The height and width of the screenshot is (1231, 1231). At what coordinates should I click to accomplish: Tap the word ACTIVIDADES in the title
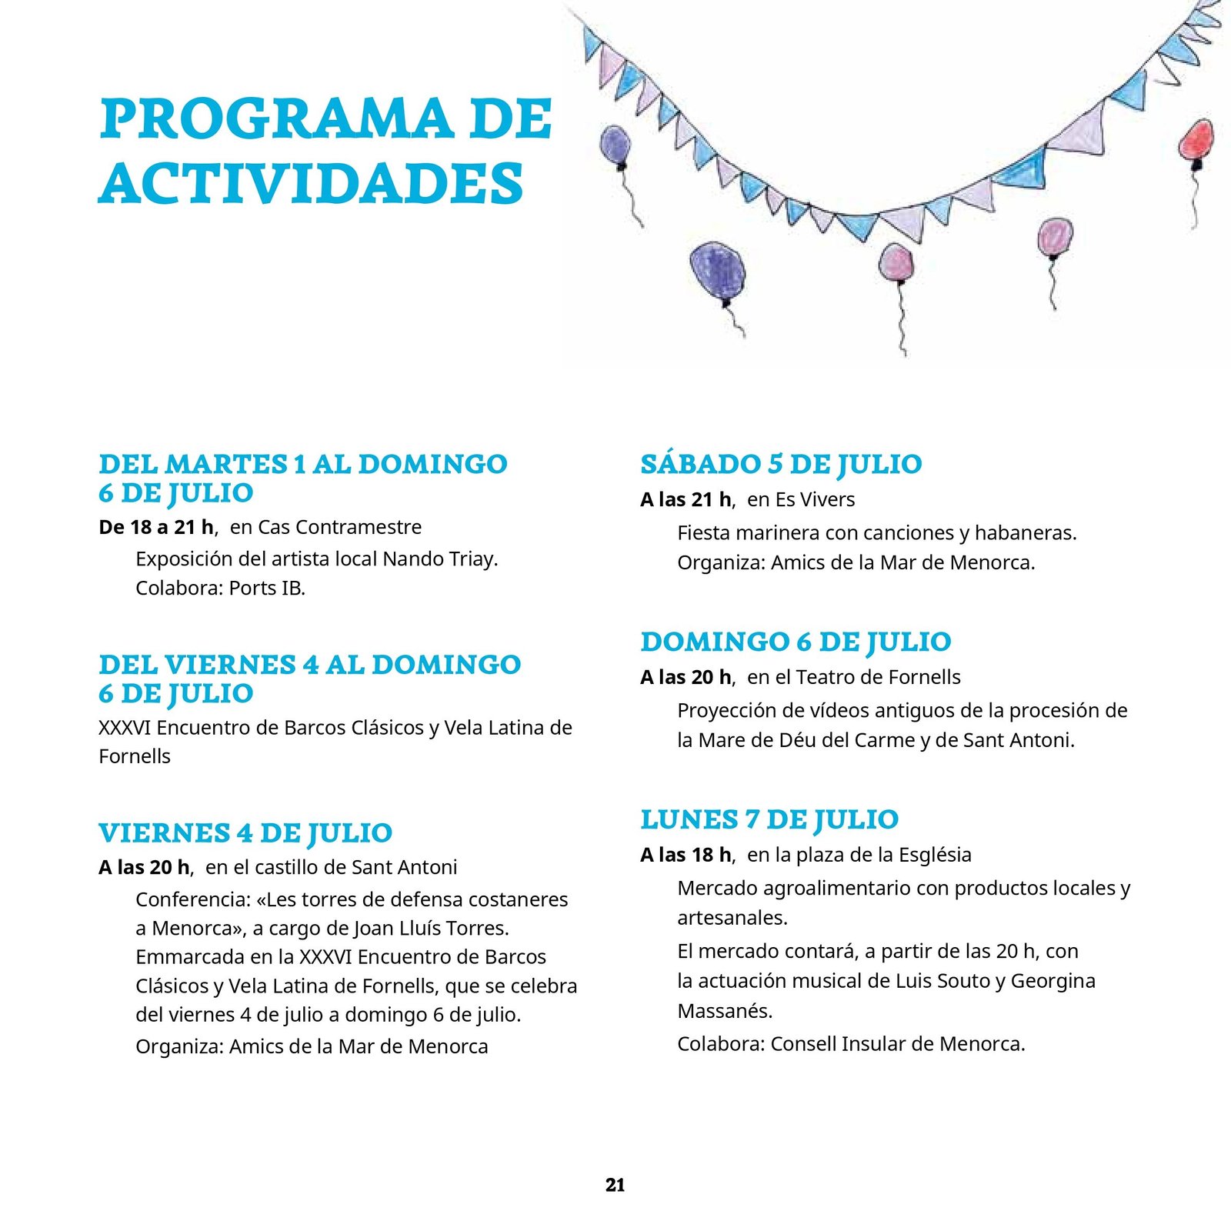312,185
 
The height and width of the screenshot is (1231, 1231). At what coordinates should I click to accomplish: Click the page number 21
615,1185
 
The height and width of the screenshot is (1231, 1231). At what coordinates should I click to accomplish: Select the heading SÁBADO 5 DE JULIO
781,464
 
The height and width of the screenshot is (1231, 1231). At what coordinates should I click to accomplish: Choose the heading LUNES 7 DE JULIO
769,819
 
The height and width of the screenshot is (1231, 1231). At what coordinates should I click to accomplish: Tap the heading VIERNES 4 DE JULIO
245,832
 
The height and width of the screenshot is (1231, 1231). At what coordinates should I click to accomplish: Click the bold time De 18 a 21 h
157,527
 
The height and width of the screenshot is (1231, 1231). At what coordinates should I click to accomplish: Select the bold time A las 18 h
686,855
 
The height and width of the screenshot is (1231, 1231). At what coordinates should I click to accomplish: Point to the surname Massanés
724,1011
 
